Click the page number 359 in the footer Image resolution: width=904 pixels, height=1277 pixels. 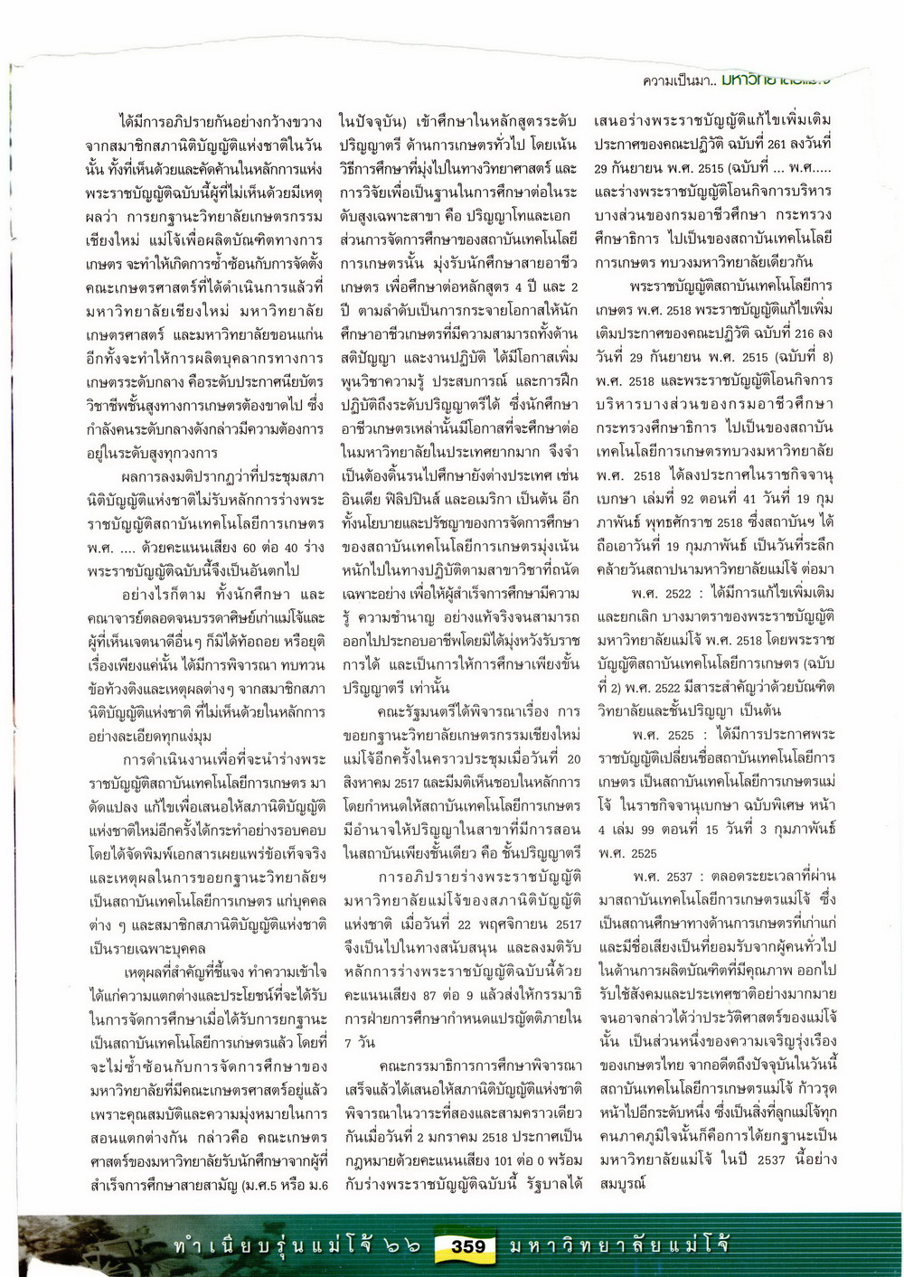(468, 1246)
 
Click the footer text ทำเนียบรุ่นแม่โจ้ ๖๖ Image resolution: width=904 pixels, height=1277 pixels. (298, 1246)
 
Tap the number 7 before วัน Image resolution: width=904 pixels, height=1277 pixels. (344, 1042)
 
